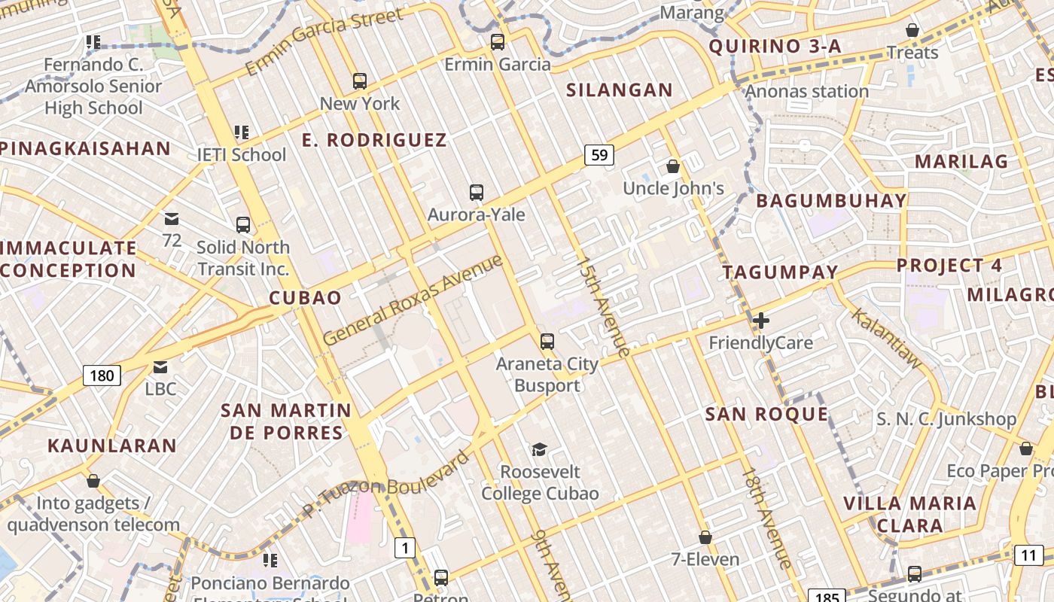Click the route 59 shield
[x=599, y=156]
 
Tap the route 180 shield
[x=102, y=375]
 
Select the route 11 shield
[x=1028, y=555]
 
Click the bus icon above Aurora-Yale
[x=476, y=193]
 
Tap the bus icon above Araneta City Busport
[x=547, y=341]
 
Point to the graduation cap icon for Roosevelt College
[x=539, y=450]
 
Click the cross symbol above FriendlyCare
[x=761, y=321]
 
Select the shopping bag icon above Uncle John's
[x=673, y=166]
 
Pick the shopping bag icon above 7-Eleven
[x=705, y=537]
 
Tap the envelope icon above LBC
[x=160, y=367]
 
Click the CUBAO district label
[x=306, y=298]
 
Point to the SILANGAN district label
[x=620, y=90]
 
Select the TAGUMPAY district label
[x=780, y=272]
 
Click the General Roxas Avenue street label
[x=413, y=300]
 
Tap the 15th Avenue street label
[x=602, y=306]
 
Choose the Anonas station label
[x=806, y=92]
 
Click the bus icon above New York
[x=360, y=81]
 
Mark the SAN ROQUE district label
[x=766, y=414]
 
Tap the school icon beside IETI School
[x=241, y=133]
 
